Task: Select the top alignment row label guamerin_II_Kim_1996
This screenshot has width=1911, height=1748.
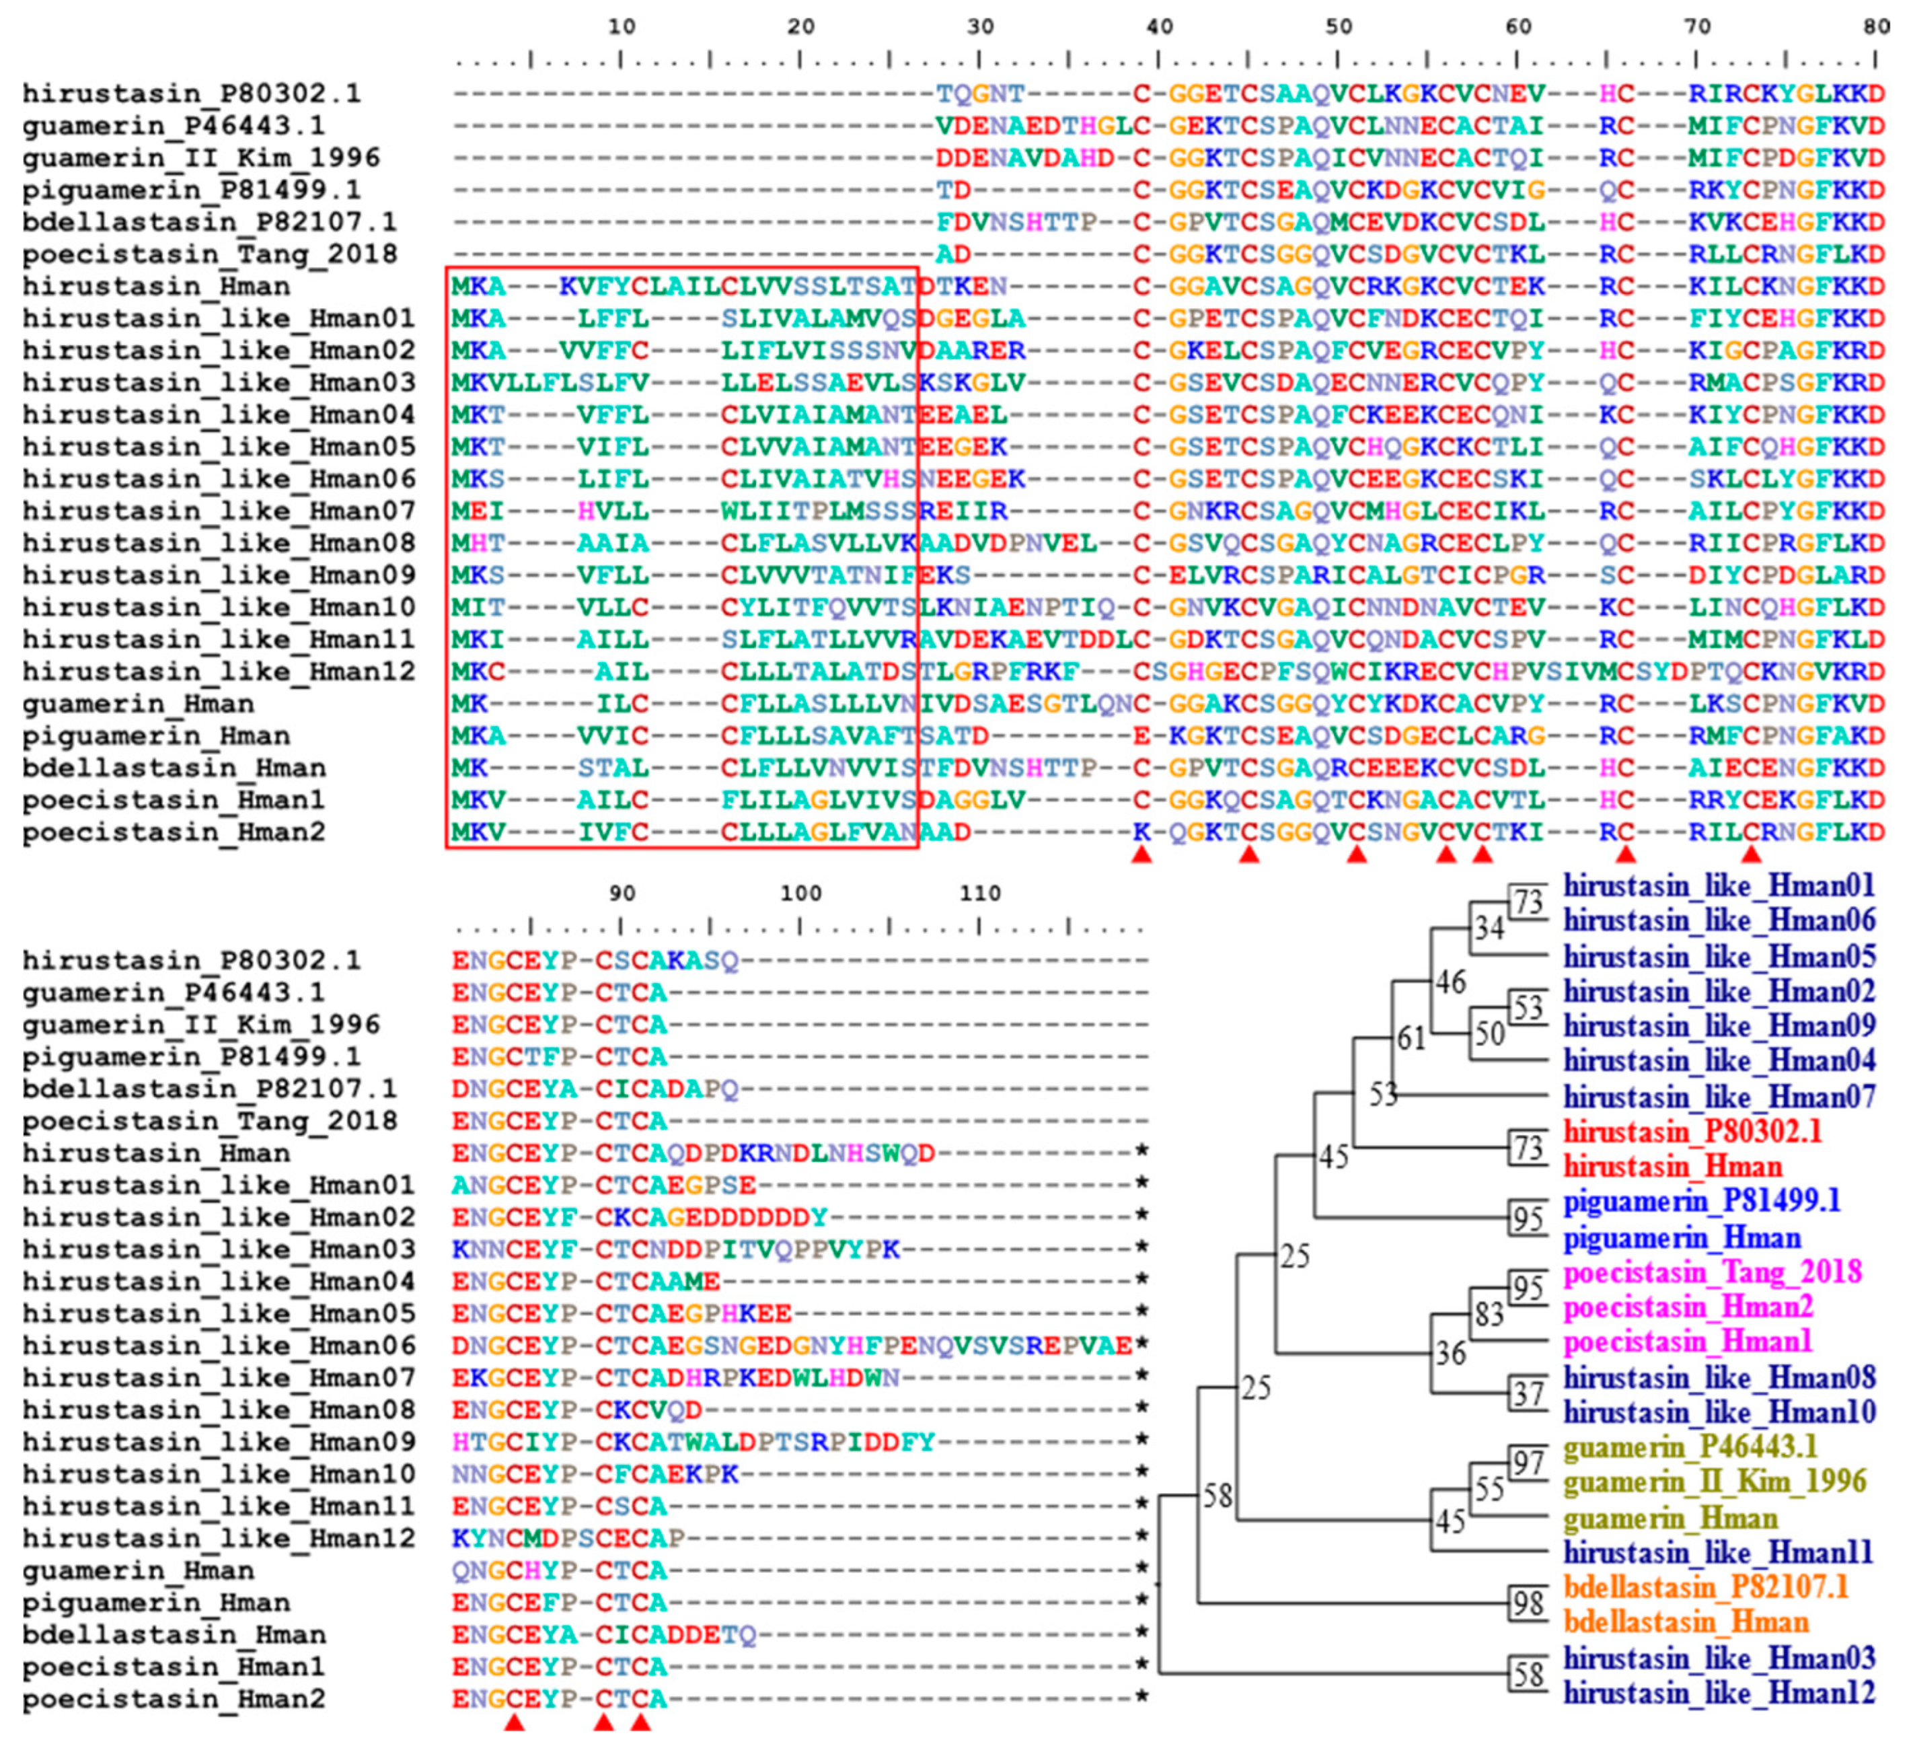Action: click(201, 157)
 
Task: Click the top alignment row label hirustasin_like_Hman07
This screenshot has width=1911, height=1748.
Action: click(219, 511)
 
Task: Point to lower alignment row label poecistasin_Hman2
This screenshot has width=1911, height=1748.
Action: click(174, 1698)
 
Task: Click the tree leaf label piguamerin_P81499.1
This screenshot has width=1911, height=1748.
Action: click(1702, 1201)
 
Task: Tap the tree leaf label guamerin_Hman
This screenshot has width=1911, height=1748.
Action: click(1670, 1518)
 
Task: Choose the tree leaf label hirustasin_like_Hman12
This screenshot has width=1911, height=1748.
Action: click(1719, 1692)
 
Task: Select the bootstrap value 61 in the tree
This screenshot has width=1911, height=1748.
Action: click(1411, 1039)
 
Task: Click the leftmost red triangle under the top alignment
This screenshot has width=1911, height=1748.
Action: click(1141, 855)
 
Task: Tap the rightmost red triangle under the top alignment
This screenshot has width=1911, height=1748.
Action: click(1751, 855)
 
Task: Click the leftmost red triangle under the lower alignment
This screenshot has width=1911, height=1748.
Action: click(514, 1722)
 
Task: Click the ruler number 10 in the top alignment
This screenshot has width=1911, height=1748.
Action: click(621, 26)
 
